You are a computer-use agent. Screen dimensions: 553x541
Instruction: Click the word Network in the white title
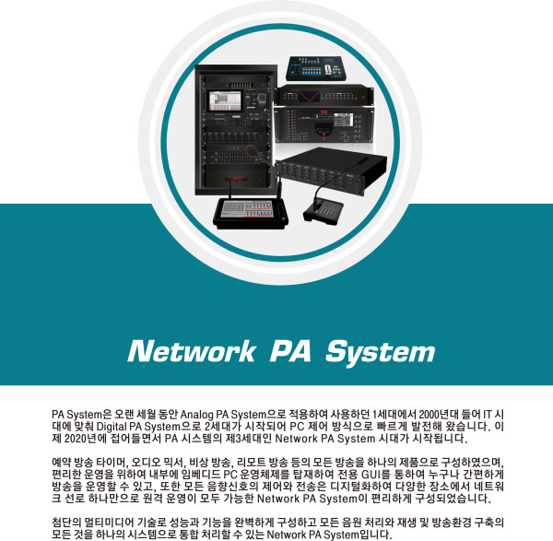[192, 351]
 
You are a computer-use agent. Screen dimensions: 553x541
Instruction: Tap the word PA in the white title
[290, 351]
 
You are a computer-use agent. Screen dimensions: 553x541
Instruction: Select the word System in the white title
[380, 353]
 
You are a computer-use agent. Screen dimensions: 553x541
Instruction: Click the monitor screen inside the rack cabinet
[226, 100]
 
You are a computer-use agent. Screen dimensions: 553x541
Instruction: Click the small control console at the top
[316, 68]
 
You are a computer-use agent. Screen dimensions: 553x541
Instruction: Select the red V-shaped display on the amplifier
[309, 97]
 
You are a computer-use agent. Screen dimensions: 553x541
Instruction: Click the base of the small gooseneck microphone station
[324, 211]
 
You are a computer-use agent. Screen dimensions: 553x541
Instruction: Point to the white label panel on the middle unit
[343, 120]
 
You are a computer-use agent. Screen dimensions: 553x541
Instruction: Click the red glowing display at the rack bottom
[236, 180]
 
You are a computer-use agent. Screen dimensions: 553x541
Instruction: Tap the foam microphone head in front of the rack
[253, 150]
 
